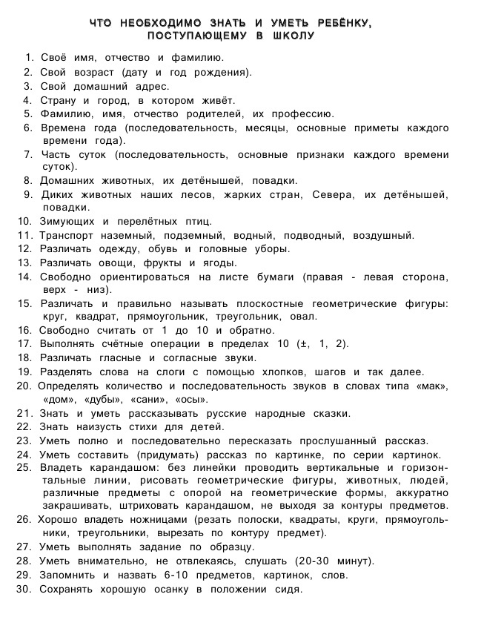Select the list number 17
click(x=24, y=344)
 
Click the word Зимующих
click(x=66, y=221)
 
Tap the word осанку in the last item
click(x=168, y=589)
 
